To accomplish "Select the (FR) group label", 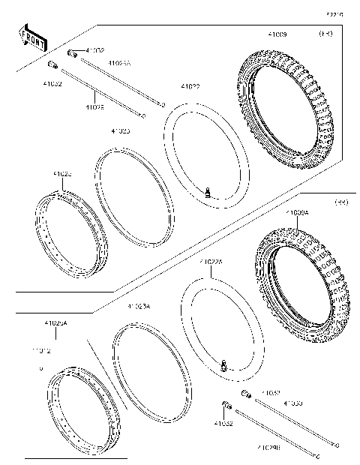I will pyautogui.click(x=326, y=34).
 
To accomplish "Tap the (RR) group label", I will pyautogui.click(x=341, y=202).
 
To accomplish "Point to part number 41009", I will pyautogui.click(x=277, y=34).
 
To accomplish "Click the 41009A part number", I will pyautogui.click(x=296, y=213).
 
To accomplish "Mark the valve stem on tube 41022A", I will pyautogui.click(x=223, y=364).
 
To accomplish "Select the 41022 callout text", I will pyautogui.click(x=190, y=87).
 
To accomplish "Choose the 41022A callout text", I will pyautogui.click(x=211, y=262).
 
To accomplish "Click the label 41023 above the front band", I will pyautogui.click(x=120, y=131).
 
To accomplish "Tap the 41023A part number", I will pyautogui.click(x=139, y=307).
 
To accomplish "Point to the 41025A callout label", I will pyautogui.click(x=56, y=323).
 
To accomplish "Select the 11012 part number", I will pyautogui.click(x=41, y=350).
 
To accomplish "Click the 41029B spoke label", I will pyautogui.click(x=268, y=448).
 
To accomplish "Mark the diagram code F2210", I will pyautogui.click(x=334, y=13).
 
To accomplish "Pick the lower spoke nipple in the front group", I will pyautogui.click(x=54, y=65).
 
